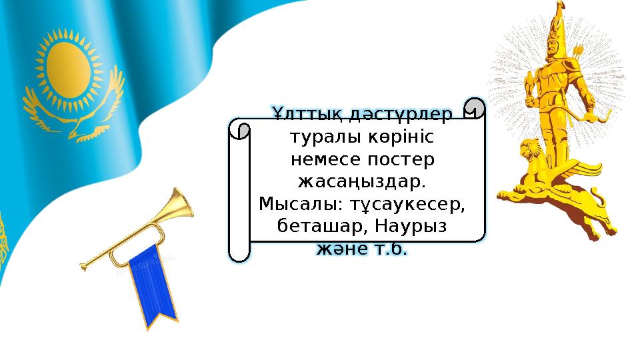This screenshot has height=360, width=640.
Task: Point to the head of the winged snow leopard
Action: pos(531,150)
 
